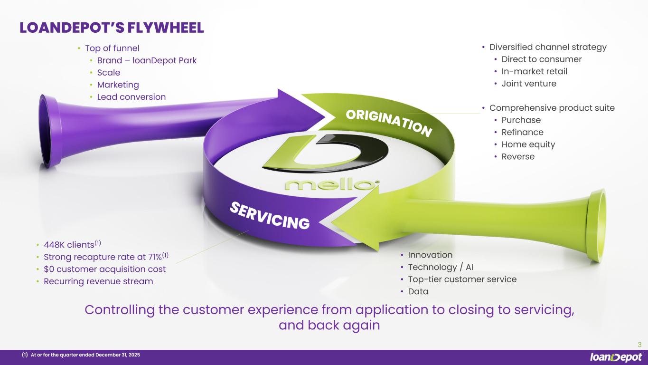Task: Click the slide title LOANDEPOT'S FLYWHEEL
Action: (x=112, y=28)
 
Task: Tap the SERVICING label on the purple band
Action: (x=270, y=215)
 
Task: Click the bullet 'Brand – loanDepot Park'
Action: (x=147, y=60)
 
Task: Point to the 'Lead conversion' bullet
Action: (x=131, y=97)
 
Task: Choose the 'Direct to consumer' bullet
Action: (x=541, y=59)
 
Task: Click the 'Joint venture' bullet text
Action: (x=528, y=84)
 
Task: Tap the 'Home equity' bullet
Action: (x=528, y=144)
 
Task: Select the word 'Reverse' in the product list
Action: (x=518, y=157)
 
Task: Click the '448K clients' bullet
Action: (x=69, y=245)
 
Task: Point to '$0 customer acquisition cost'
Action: (x=104, y=269)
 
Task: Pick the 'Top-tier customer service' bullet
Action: (x=462, y=279)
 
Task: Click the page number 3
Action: (x=639, y=345)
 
